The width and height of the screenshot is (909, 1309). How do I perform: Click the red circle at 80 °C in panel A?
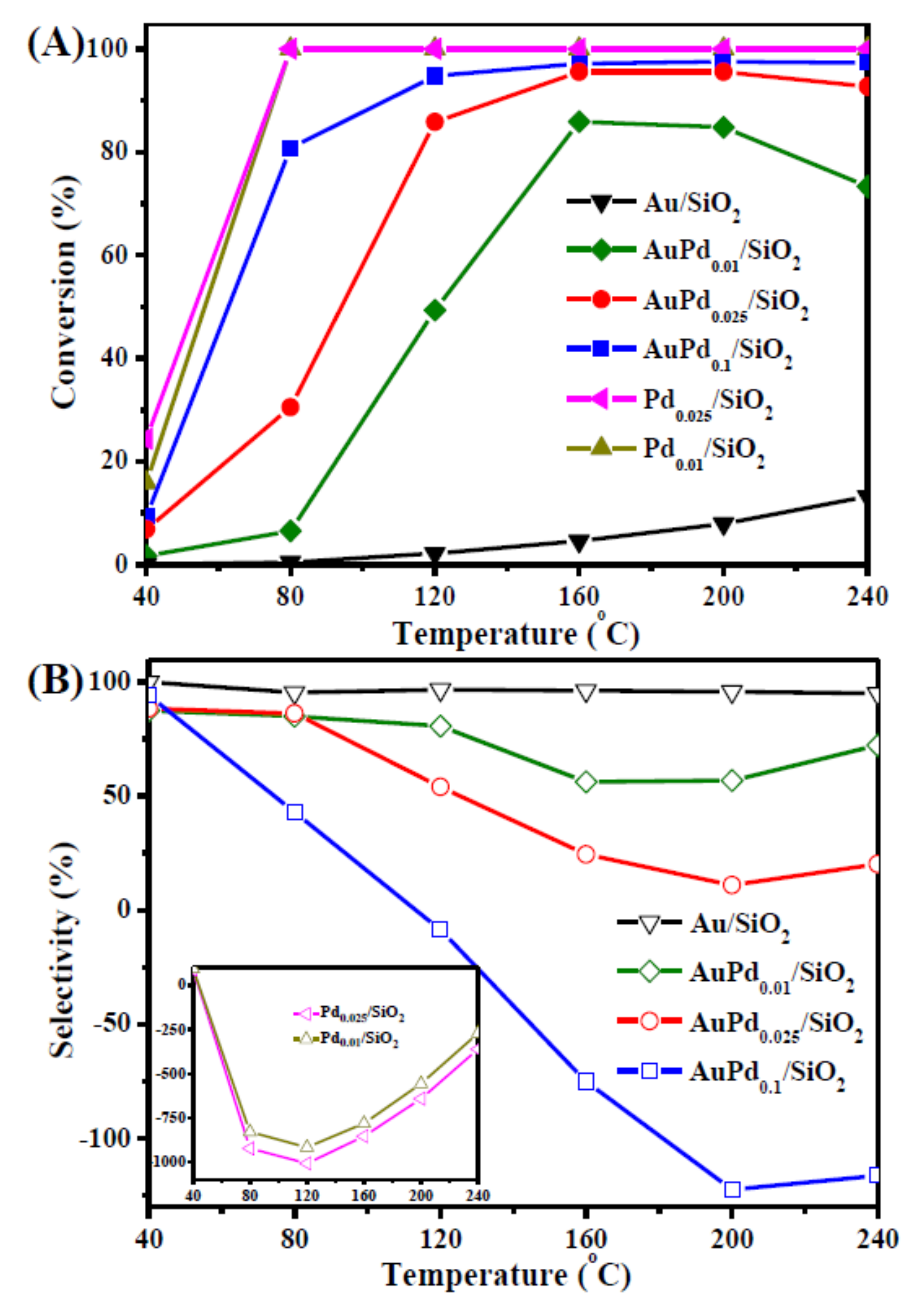click(291, 407)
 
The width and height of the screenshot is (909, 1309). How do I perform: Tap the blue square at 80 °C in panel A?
click(291, 149)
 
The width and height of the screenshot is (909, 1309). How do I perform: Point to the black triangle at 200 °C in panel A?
click(723, 525)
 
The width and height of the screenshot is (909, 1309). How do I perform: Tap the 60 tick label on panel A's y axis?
click(113, 256)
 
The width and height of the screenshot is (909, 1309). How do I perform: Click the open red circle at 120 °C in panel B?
click(440, 787)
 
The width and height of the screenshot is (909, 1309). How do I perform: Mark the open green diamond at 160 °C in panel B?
click(586, 783)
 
